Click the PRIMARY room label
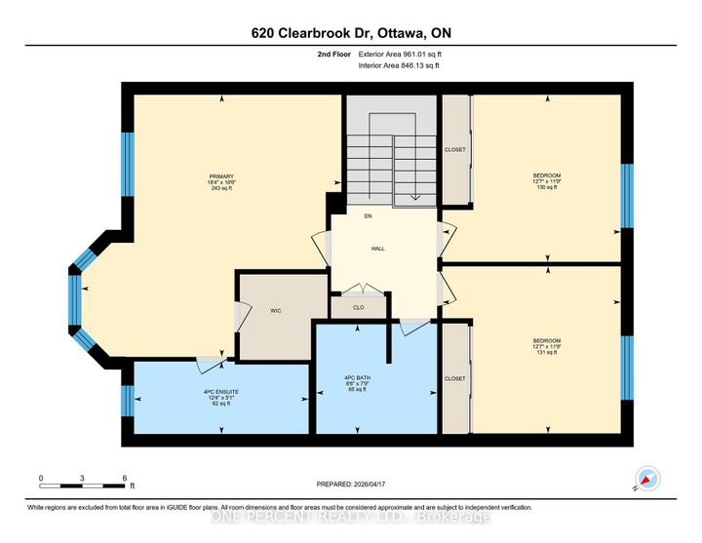coord(221,176)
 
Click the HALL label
coord(377,249)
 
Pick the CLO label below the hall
coord(359,308)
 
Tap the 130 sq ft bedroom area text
coord(547,188)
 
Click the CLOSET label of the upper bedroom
coord(455,149)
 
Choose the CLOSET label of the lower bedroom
coord(455,378)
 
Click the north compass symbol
coord(647,479)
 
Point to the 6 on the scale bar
coord(125,478)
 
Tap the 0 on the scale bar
coord(41,478)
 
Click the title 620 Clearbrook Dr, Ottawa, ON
coord(350,33)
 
